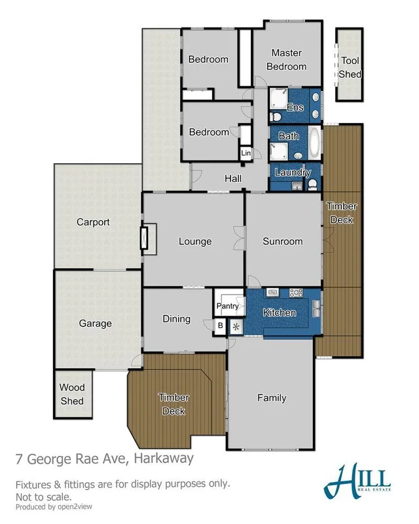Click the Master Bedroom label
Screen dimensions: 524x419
point(289,60)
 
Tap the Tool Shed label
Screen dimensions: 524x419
point(350,67)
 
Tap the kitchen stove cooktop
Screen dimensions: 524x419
point(295,293)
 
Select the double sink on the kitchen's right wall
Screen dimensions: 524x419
point(317,305)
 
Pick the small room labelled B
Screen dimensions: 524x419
point(220,326)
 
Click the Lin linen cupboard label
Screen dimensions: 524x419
point(246,153)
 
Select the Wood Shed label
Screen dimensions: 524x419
point(72,394)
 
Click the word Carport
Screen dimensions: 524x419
point(93,222)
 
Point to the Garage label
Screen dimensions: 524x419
point(96,323)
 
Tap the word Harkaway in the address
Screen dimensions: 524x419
point(164,458)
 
